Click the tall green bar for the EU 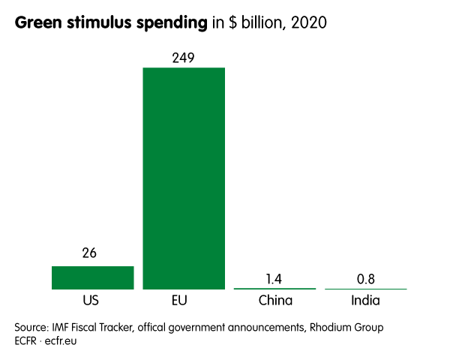[184, 178]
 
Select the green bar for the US [92, 277]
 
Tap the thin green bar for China [274, 288]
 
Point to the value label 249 [184, 58]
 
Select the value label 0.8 [365, 280]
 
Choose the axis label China [274, 301]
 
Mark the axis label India [365, 301]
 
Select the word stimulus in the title [96, 23]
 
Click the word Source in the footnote [32, 328]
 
